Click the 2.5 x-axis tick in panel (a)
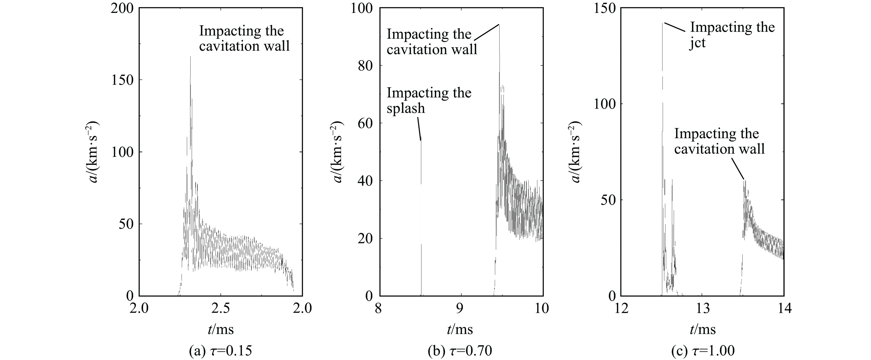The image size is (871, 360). (x=221, y=308)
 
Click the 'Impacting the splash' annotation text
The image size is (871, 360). (x=429, y=100)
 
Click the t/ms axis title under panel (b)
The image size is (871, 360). (x=460, y=329)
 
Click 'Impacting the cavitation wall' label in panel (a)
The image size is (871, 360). (x=244, y=38)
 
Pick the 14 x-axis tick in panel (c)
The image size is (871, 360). (x=784, y=308)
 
